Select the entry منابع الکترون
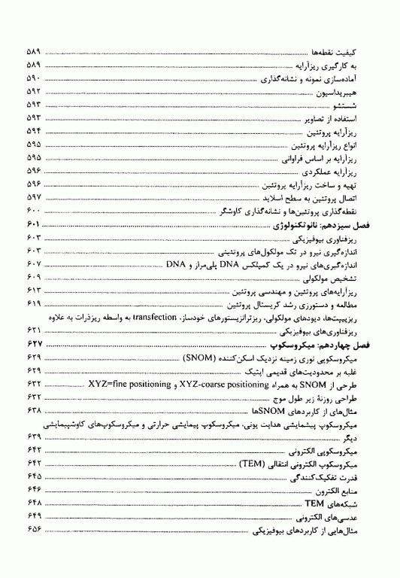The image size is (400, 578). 353,491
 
